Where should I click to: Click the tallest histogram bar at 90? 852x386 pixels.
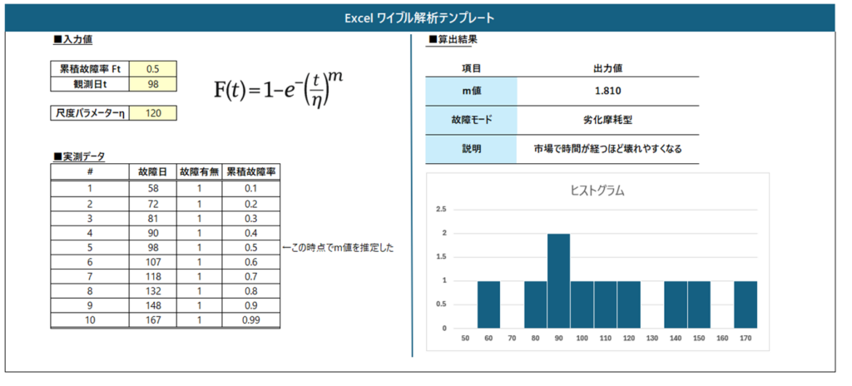pos(558,280)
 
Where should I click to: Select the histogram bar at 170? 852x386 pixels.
pos(745,304)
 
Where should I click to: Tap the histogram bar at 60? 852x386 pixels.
pos(489,304)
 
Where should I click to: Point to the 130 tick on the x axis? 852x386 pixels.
pos(652,339)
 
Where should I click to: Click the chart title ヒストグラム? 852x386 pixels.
pos(597,191)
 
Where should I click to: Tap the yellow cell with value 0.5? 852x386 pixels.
pos(153,69)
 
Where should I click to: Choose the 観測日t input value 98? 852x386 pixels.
pos(153,84)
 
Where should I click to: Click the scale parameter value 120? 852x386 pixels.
pos(153,113)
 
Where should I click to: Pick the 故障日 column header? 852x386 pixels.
pos(153,172)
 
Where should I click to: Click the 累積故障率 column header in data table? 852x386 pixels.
pos(251,172)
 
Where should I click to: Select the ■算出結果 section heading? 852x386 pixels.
pos(453,40)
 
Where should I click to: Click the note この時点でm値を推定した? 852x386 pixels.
pos(338,247)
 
